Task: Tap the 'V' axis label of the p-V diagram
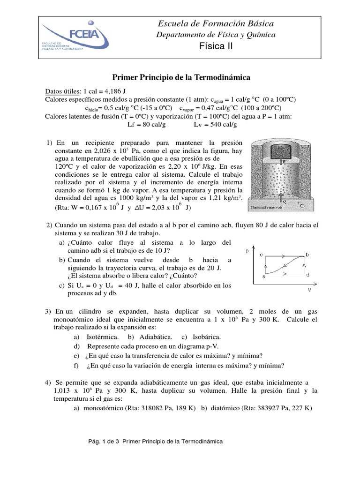tap(309, 289)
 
